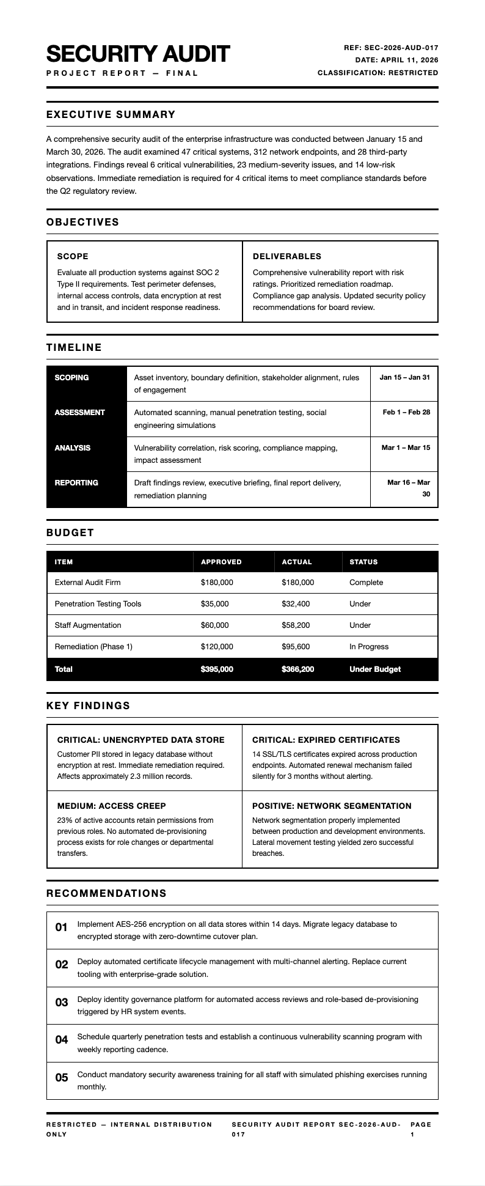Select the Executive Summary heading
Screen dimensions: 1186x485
tap(111, 114)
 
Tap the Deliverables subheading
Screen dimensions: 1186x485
tap(286, 256)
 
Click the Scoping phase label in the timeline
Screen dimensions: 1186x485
tap(71, 378)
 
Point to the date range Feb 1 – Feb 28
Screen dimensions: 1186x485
tap(406, 412)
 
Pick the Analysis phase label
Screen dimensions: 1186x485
tap(72, 448)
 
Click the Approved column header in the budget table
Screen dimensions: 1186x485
tap(221, 562)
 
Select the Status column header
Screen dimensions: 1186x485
tap(363, 562)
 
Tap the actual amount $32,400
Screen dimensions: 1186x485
tap(296, 604)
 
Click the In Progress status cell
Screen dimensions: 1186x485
tap(369, 647)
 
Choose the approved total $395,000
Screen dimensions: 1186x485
tap(217, 669)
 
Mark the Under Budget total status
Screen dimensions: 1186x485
tap(375, 669)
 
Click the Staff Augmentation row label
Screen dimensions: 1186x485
tap(88, 625)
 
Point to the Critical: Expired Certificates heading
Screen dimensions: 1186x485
tap(326, 740)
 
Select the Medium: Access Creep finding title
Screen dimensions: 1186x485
tap(112, 806)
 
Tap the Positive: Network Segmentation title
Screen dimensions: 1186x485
tap(332, 806)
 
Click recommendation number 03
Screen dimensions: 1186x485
tap(62, 1003)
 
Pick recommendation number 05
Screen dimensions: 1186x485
tap(62, 1078)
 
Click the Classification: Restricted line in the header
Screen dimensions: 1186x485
tap(377, 73)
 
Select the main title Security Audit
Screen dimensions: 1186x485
tap(138, 54)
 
